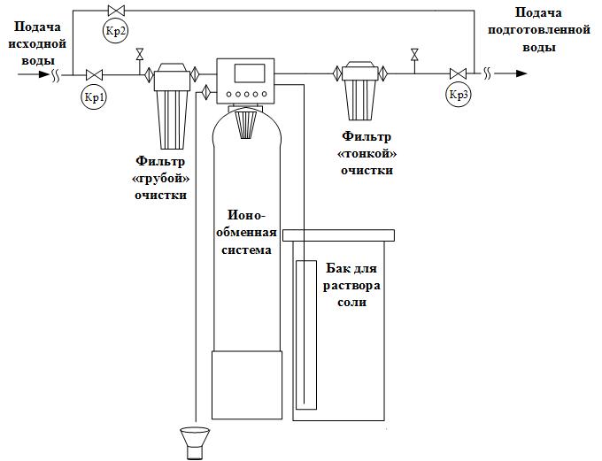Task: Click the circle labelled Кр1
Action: click(94, 97)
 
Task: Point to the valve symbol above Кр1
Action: click(93, 75)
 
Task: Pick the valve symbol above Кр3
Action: click(459, 74)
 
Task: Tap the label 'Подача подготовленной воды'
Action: click(538, 29)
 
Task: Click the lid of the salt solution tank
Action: click(339, 235)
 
